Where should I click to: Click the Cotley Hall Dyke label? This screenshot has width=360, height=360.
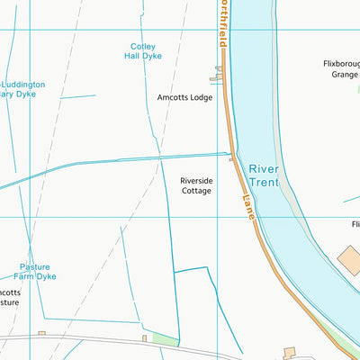click(143, 51)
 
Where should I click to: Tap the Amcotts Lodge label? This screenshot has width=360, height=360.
click(184, 97)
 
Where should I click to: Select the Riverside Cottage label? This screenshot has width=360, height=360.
click(196, 185)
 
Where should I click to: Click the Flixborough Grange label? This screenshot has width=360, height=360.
click(342, 69)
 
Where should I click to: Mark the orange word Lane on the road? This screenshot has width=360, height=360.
click(248, 210)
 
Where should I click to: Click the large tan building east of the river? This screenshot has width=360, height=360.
click(349, 261)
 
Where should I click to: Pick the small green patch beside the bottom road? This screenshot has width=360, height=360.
click(164, 339)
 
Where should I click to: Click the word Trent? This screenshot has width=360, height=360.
click(265, 183)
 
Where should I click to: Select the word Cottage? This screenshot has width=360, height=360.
click(196, 191)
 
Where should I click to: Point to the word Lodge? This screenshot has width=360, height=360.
click(201, 97)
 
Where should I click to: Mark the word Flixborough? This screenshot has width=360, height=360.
click(342, 64)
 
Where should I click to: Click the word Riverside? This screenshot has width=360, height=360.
click(196, 180)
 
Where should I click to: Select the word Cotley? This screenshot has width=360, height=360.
click(143, 46)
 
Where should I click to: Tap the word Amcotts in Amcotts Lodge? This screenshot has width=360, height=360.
click(172, 97)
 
